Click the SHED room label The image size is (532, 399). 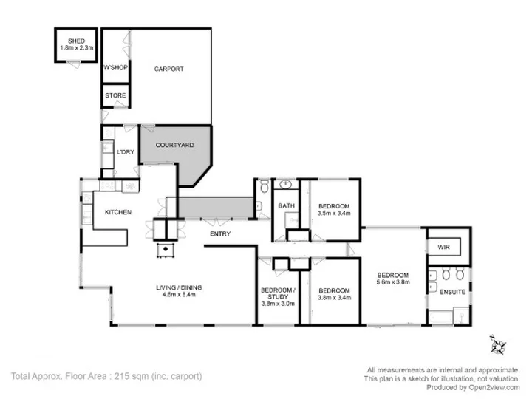click(76, 41)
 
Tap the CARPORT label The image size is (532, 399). click(168, 69)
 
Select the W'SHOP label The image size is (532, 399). click(115, 67)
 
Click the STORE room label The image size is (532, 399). click(115, 95)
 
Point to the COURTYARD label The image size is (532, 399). click(174, 145)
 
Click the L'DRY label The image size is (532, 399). click(126, 152)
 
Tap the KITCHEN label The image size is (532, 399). click(118, 212)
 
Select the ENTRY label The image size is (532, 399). click(220, 233)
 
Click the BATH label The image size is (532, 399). click(287, 205)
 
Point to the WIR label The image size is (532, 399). click(444, 247)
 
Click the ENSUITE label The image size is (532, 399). click(452, 292)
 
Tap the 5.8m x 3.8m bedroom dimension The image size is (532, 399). click(393, 282)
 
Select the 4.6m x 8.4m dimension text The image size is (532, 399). click(179, 295)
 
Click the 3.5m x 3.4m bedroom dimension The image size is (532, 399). click(334, 213)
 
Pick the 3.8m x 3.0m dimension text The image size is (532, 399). click(279, 304)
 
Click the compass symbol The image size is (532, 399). click(498, 346)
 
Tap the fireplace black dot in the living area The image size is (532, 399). click(166, 249)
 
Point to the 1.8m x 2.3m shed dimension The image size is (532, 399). click(77, 47)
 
